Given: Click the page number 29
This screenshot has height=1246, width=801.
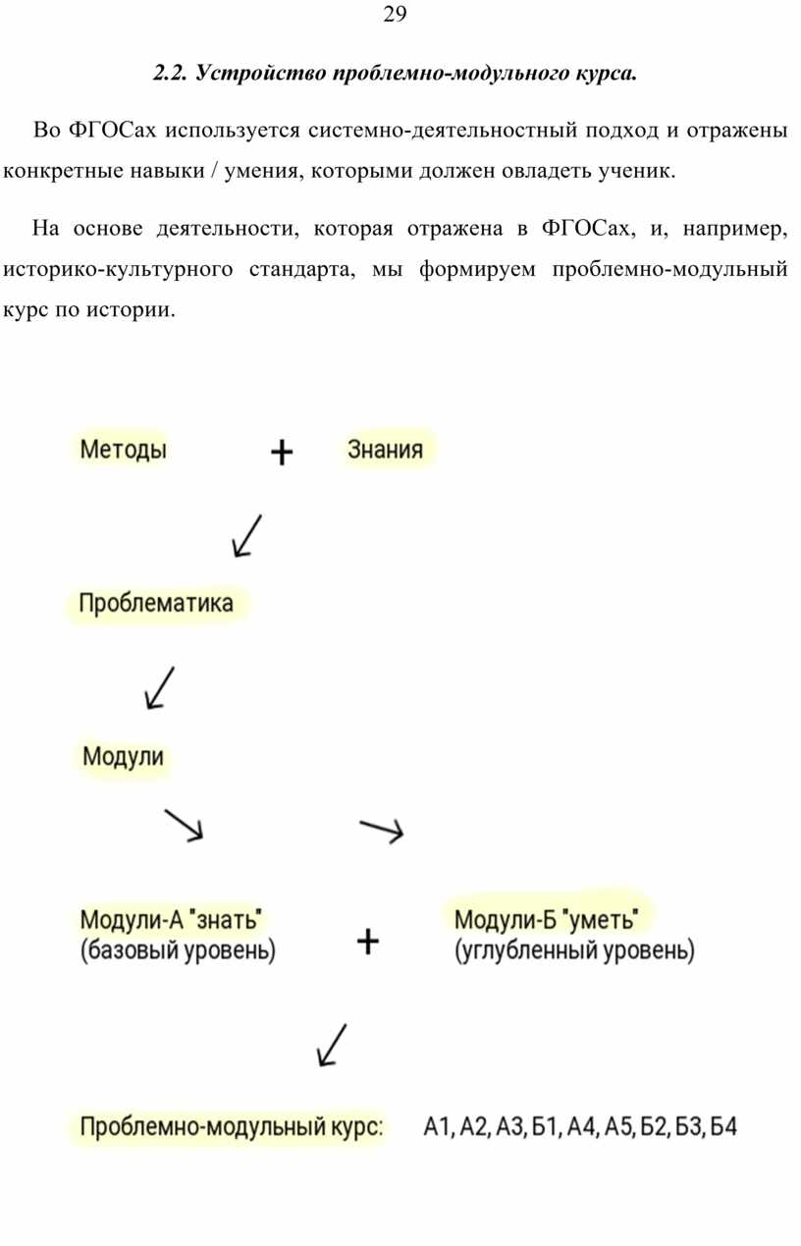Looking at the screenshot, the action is pos(395,14).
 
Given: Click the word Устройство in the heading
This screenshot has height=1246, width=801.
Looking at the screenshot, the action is pos(261,73).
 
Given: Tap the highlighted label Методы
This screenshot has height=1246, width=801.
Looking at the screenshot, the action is pos(124,450).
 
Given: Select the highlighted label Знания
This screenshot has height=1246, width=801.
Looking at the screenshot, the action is pos(385,449).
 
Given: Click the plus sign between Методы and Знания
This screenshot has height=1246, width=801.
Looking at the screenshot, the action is pos(282,453).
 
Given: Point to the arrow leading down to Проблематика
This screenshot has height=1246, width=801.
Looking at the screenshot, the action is pos(246,536).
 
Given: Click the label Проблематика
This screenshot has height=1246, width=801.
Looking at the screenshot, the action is pos(156,604).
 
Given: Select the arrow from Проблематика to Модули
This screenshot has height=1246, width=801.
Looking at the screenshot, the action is pos(160,688).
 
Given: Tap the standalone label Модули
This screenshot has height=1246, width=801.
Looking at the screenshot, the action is pos(123,756).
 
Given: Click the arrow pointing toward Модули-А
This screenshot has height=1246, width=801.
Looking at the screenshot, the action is pos(185,825).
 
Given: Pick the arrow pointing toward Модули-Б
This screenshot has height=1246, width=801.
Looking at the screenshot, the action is pos(382,831).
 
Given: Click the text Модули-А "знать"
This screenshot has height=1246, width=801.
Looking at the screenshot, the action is pos(172,919).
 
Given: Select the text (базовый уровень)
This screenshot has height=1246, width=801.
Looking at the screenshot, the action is pos(178,950).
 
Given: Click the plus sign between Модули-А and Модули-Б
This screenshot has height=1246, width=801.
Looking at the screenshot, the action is pos(368,942).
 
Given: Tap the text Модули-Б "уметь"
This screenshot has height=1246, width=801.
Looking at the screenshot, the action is pos(546,919).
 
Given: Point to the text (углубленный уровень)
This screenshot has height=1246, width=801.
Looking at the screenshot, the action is pos(574,950).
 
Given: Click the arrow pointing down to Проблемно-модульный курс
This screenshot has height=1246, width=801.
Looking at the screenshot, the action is pos(332,1045).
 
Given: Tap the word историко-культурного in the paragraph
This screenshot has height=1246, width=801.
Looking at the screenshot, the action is pos(118,270).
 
